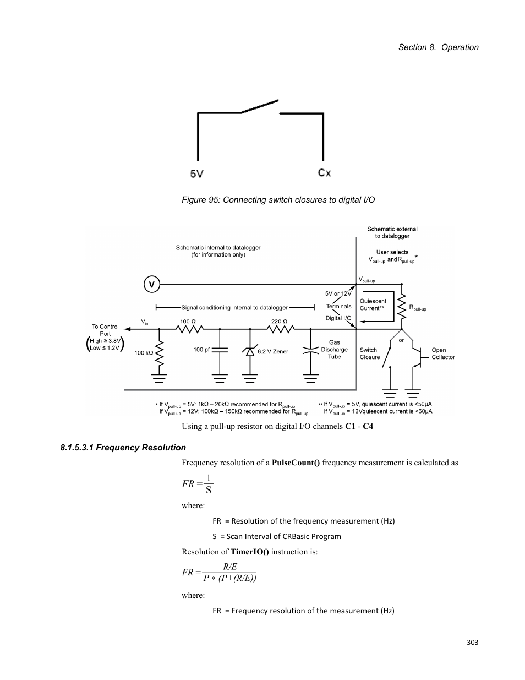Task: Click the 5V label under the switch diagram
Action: tap(197, 173)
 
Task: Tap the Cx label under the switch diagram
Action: tap(324, 173)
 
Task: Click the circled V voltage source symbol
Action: tap(151, 285)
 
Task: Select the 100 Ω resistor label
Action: tap(188, 321)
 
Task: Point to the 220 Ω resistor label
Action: tap(279, 321)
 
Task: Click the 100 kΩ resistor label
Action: tap(144, 353)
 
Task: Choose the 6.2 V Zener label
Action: tap(273, 351)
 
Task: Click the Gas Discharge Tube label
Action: tap(334, 350)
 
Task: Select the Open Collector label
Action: tap(442, 353)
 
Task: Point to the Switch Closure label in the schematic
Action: tap(370, 353)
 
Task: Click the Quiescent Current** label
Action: tap(373, 304)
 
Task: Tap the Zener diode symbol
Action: tap(250, 351)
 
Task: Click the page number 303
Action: tap(472, 642)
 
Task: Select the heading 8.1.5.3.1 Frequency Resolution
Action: tap(123, 448)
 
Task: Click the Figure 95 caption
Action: tap(278, 200)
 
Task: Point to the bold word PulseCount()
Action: tap(296, 463)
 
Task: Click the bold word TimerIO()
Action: tap(249, 552)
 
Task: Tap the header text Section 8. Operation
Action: tap(438, 47)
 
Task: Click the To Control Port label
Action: tap(105, 330)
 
